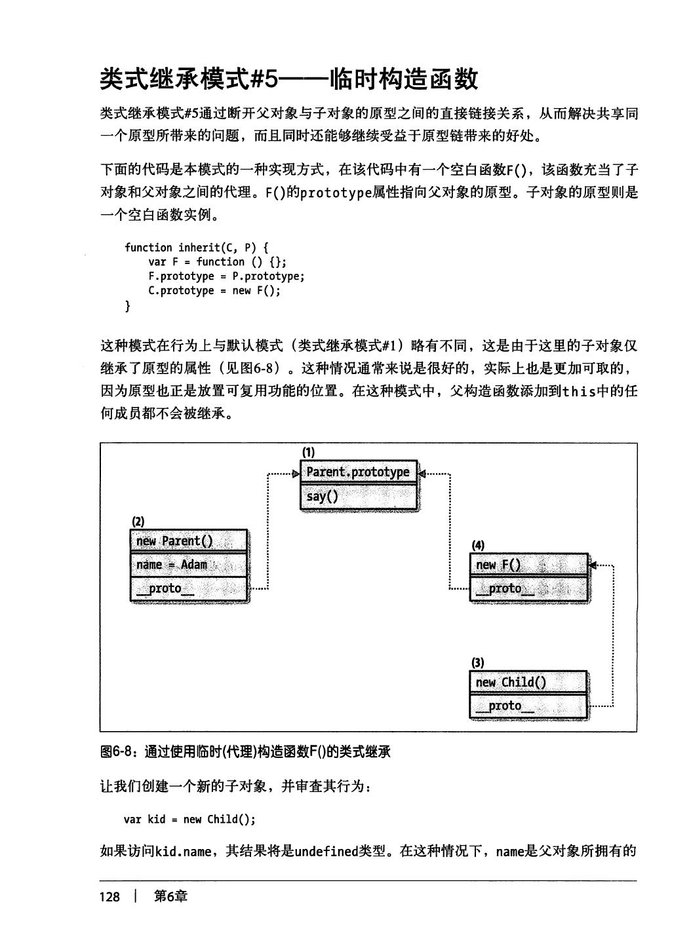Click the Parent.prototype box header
358,472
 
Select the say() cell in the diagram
358,497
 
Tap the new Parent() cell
189,541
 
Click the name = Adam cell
189,565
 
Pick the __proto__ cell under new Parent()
189,589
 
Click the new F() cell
528,565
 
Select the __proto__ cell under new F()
528,589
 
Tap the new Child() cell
528,683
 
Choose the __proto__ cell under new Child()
528,706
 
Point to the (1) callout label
308,452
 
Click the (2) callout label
138,521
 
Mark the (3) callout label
477,662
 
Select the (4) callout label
478,545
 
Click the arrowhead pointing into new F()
593,565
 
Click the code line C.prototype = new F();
214,291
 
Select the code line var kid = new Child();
189,820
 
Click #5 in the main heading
265,79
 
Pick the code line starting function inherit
196,248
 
